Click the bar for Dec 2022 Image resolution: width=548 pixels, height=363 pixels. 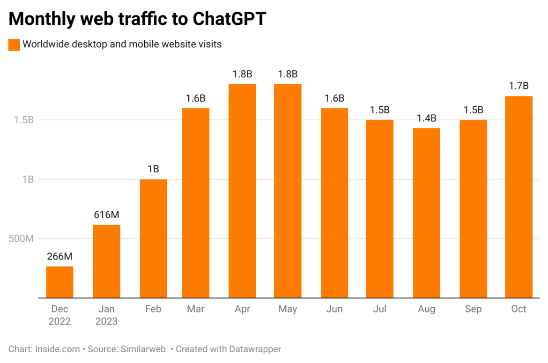59,282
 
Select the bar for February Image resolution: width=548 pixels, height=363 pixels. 153,238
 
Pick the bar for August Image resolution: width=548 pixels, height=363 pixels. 426,213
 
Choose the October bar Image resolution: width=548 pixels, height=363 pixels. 518,197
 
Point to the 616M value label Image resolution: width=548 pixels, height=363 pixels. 106,215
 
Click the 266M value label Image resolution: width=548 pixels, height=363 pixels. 59,257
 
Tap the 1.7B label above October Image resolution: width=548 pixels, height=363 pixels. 518,86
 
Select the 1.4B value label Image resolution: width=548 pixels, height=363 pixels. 426,118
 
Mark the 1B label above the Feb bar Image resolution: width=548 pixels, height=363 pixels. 153,169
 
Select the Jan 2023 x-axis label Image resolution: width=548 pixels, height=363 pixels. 106,315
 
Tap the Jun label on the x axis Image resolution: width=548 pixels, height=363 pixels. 334,309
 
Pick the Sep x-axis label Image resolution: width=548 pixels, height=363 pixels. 473,309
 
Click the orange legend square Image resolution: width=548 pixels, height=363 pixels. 14,44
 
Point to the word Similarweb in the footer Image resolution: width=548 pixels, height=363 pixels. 143,349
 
